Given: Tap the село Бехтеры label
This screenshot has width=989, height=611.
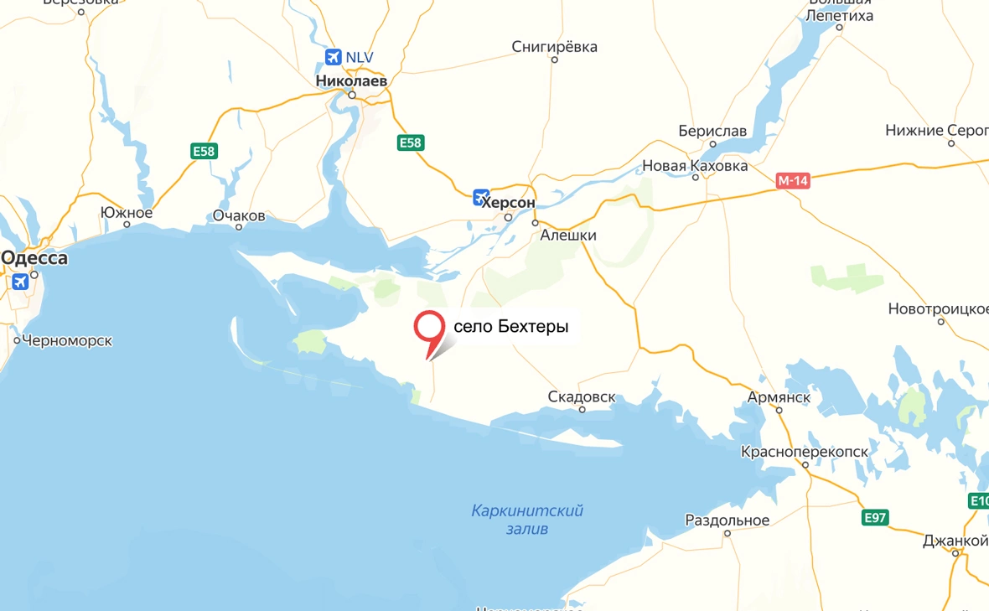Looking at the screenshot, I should click(510, 327).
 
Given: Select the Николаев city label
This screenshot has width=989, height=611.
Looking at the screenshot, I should click(352, 81).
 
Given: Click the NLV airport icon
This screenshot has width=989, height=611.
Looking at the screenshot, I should click(334, 57).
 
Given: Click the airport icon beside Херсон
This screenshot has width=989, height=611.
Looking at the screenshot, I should click(481, 198).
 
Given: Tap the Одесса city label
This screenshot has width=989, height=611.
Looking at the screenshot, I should click(34, 258).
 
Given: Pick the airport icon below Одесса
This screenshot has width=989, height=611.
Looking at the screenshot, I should click(19, 282).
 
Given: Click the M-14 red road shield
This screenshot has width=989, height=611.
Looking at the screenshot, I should click(792, 180).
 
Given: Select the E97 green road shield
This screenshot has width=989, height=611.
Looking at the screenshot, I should click(876, 518).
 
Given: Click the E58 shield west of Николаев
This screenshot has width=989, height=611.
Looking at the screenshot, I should click(204, 151).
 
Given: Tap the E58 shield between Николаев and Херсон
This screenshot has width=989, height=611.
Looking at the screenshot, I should click(411, 143).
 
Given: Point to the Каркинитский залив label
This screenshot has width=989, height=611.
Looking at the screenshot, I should click(527, 520).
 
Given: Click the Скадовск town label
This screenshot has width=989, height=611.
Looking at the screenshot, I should click(582, 396).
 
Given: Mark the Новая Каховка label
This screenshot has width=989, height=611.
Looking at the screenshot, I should click(695, 166).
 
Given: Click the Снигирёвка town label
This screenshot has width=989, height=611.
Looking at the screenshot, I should click(555, 47).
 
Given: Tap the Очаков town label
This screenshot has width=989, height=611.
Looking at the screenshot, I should click(239, 215).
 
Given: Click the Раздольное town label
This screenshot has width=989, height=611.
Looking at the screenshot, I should click(727, 520).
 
